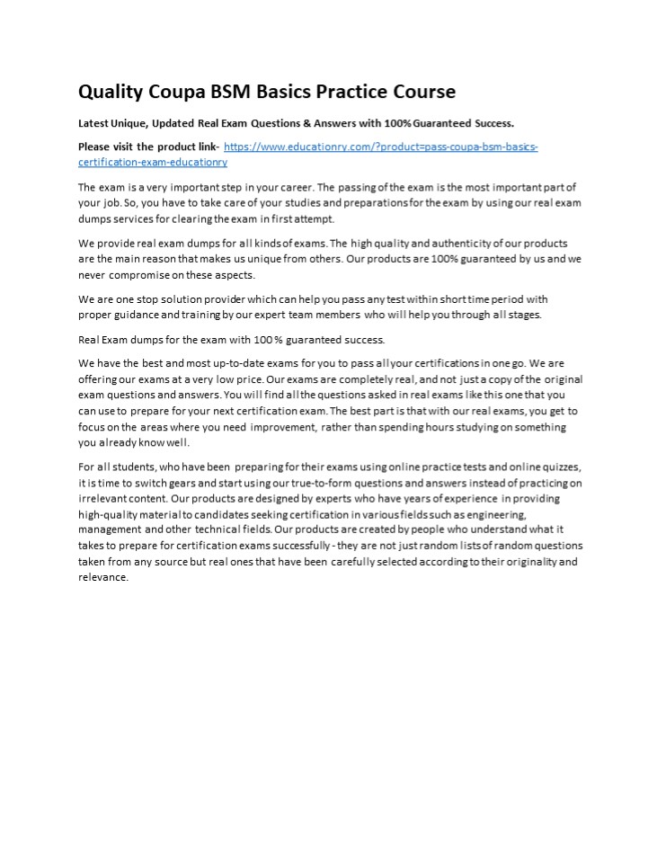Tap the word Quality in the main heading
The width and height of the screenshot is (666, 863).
pos(111,92)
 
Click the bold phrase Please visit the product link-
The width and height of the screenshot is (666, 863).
pos(148,147)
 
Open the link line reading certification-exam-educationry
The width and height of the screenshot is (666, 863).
pos(153,162)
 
